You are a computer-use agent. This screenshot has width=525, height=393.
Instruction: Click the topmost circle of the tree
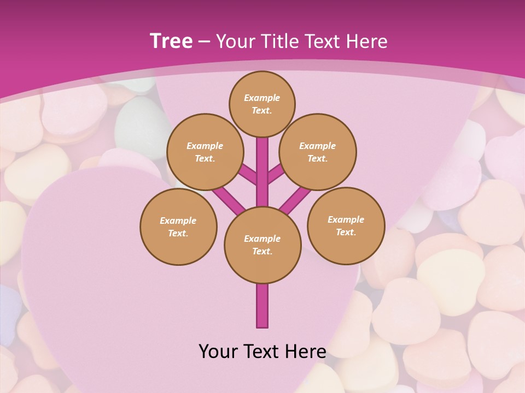[x=262, y=104]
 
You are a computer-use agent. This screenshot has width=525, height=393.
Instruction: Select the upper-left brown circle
[x=205, y=152]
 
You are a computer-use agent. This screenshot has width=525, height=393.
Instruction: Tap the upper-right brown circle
[x=318, y=152]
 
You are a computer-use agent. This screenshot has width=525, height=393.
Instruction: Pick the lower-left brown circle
[x=178, y=227]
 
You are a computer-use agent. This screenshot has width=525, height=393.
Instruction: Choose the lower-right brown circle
[x=346, y=225]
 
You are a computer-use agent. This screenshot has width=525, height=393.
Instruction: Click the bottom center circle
[x=262, y=245]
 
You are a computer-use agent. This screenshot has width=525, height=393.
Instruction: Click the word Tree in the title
[x=171, y=41]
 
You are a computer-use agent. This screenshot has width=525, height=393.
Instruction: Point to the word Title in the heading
[x=277, y=41]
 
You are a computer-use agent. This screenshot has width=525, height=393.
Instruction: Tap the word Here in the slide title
[x=367, y=41]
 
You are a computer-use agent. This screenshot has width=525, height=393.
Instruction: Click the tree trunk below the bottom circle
[x=262, y=306]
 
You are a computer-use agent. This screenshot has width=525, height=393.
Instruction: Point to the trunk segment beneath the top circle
[x=262, y=164]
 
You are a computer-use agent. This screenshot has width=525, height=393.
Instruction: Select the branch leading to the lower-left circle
[x=229, y=198]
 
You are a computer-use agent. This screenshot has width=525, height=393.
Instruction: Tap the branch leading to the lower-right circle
[x=296, y=198]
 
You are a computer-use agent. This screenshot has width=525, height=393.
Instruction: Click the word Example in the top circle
[x=262, y=98]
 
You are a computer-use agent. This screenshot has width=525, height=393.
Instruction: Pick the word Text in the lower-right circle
[x=346, y=232]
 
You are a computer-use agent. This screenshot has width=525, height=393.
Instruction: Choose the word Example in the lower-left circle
[x=178, y=221]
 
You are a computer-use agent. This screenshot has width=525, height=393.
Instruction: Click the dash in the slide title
[x=204, y=41]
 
